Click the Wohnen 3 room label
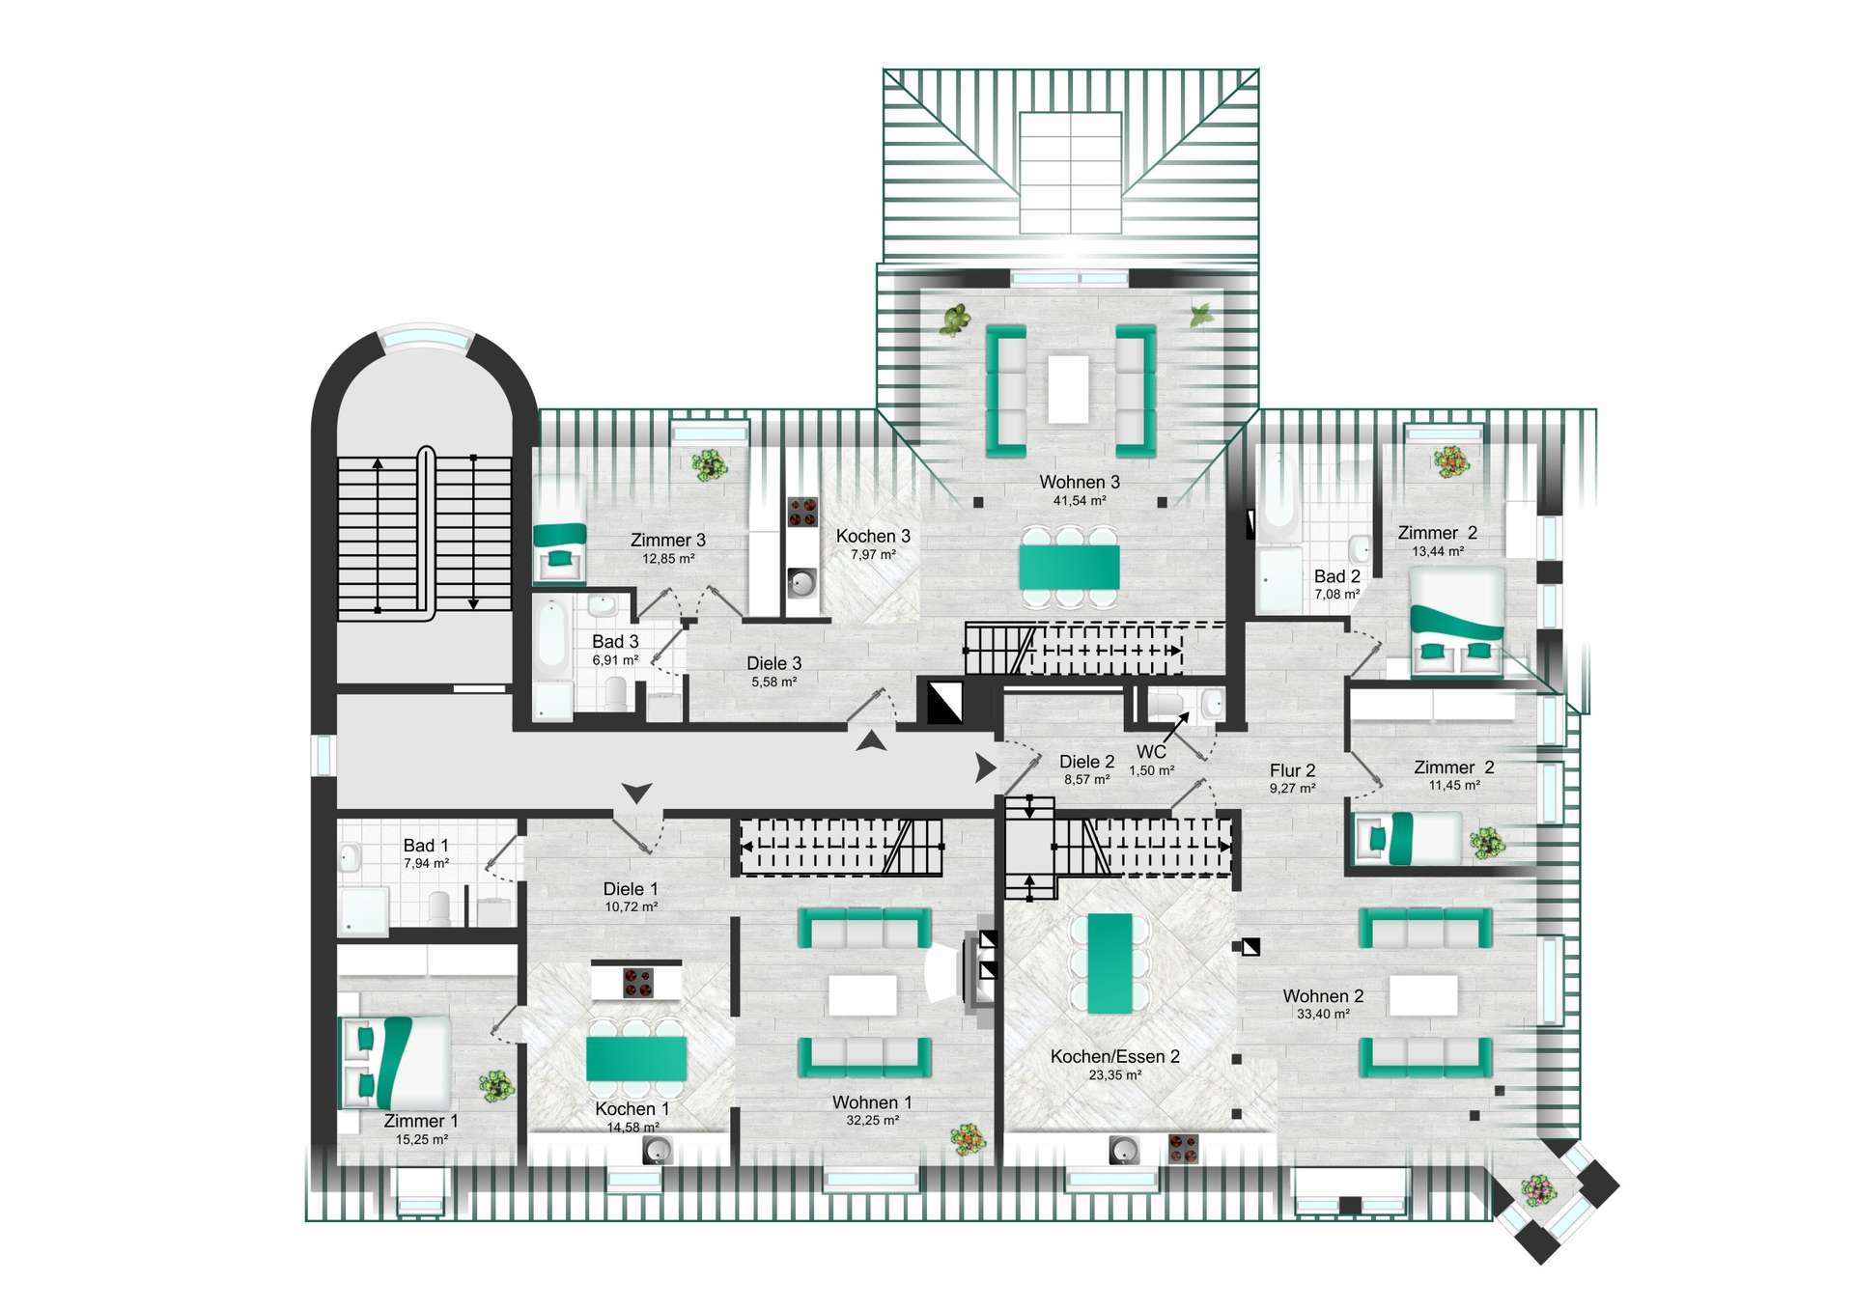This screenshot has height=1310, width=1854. click(x=1079, y=482)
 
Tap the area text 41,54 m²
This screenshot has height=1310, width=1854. click(x=1079, y=501)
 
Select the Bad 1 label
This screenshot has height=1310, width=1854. click(x=426, y=846)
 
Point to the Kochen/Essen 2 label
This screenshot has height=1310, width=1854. click(x=1114, y=1056)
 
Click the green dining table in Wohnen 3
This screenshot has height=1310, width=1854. click(x=1069, y=568)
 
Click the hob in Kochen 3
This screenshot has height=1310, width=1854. click(x=802, y=512)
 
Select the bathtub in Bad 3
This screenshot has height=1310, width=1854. click(x=552, y=634)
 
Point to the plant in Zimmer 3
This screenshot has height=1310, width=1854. click(x=710, y=465)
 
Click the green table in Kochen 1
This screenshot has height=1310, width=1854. click(x=636, y=1058)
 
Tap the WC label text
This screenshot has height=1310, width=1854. click(x=1151, y=752)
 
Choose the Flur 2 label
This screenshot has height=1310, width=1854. click(x=1292, y=770)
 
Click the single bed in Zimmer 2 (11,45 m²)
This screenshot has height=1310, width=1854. click(x=1409, y=838)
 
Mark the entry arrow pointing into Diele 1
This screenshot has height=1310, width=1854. click(x=636, y=793)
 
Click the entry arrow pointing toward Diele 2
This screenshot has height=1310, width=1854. click(x=985, y=768)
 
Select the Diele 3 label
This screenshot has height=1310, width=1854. click(x=773, y=663)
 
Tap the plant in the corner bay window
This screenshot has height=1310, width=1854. click(x=1537, y=1189)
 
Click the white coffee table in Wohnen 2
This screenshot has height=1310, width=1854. click(x=1422, y=994)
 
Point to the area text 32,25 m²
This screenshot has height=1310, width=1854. click(x=871, y=1121)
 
